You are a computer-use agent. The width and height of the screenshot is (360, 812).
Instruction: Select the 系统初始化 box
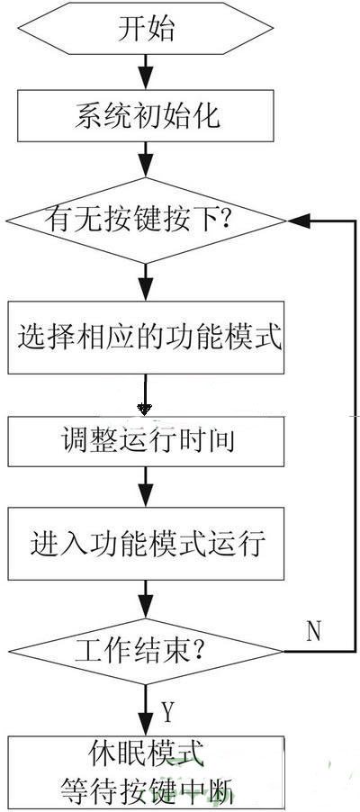tap(146, 115)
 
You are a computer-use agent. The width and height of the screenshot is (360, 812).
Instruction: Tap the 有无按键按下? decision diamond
tap(146, 221)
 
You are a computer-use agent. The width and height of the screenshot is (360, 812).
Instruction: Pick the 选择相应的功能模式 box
tap(146, 337)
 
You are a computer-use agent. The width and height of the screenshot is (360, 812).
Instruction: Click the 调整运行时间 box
tap(146, 441)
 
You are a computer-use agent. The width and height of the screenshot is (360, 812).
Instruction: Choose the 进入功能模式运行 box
tap(146, 543)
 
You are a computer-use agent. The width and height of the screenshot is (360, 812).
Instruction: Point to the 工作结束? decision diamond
tap(145, 651)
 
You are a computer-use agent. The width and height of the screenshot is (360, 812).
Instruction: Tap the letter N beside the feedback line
tap(314, 631)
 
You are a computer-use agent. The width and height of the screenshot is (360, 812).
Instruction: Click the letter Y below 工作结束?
tap(166, 712)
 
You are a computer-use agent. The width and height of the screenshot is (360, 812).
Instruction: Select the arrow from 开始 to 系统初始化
tap(146, 71)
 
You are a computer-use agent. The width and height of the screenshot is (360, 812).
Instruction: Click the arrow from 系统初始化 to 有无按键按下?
tap(146, 159)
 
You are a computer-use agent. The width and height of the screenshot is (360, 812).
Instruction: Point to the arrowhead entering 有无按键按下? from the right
tap(300, 221)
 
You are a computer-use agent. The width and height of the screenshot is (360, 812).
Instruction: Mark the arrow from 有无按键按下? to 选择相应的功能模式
tap(146, 283)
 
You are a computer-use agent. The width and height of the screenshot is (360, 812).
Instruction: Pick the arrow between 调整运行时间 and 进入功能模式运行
tap(146, 487)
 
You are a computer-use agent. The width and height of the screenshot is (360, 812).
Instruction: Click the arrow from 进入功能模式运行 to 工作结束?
tap(146, 600)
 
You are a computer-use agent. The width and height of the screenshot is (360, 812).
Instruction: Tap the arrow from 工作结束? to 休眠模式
tap(146, 709)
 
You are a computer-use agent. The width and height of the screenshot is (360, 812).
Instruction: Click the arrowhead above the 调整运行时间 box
tap(146, 409)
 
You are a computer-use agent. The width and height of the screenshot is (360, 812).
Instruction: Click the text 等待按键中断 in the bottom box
tap(147, 789)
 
